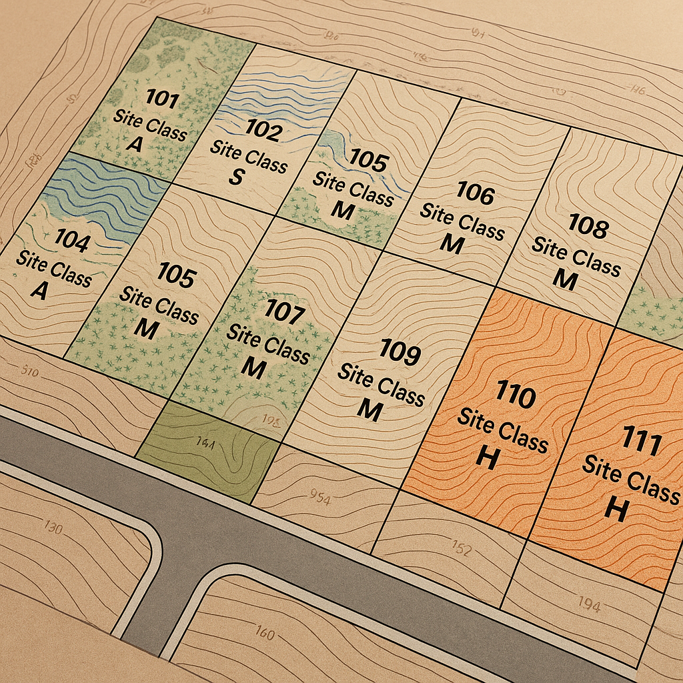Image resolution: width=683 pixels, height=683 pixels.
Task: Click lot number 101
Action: [x=162, y=101]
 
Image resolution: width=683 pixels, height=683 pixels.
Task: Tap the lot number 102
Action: [x=263, y=129]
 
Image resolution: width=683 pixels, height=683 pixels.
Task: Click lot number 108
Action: [x=588, y=227]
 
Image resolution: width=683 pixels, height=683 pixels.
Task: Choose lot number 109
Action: [x=400, y=352]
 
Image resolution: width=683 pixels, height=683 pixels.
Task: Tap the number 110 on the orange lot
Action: [x=516, y=396]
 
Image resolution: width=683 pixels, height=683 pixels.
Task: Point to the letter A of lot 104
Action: [x=39, y=290]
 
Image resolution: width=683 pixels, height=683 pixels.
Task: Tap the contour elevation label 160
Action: [x=265, y=632]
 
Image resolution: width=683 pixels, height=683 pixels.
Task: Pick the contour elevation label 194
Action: [x=589, y=605]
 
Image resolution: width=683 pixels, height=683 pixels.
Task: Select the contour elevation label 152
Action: [x=461, y=549]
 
